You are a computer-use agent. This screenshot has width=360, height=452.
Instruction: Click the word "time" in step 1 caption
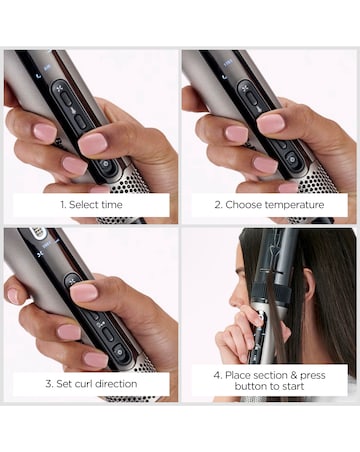click(x=112, y=205)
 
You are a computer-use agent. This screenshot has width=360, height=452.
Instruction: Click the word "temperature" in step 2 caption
click(x=292, y=205)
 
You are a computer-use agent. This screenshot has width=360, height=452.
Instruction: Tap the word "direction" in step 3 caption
click(x=116, y=382)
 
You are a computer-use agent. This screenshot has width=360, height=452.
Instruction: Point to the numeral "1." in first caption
click(x=63, y=205)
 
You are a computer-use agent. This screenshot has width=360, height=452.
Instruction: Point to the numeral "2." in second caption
click(x=220, y=205)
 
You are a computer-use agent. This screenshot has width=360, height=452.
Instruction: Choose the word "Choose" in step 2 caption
click(x=244, y=205)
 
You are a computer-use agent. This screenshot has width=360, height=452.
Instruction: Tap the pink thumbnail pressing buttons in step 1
click(x=92, y=143)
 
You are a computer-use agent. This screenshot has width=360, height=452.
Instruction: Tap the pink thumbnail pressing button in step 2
click(x=270, y=123)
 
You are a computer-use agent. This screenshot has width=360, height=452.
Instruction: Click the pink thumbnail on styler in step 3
click(x=84, y=292)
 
